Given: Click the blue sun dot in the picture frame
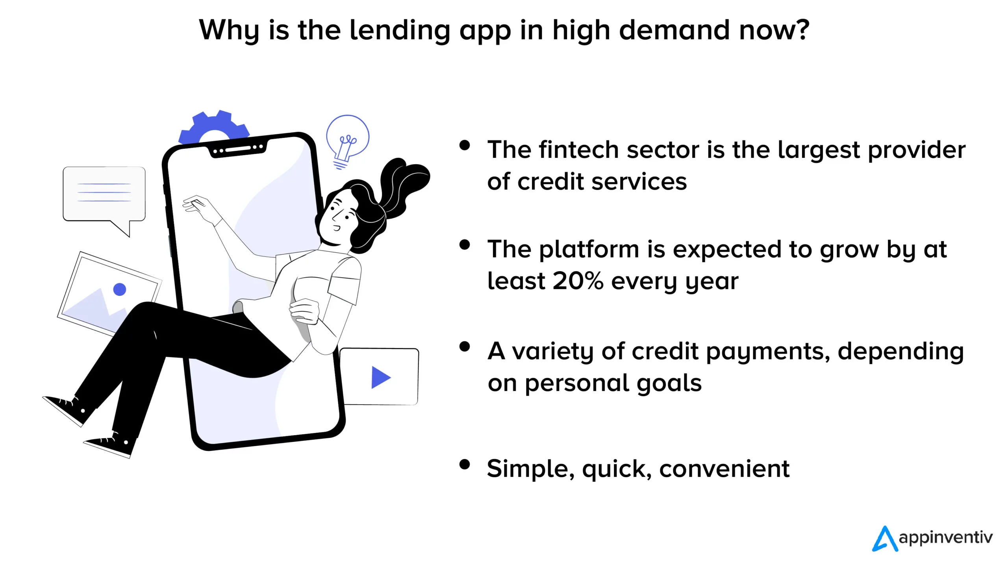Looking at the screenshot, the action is (x=120, y=289).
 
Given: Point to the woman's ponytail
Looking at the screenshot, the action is (x=404, y=185).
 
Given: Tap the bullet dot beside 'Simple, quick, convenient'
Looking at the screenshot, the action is (x=465, y=464).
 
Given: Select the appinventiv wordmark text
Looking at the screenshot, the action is (x=946, y=538).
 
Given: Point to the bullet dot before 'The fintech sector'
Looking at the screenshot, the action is (x=465, y=145).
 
